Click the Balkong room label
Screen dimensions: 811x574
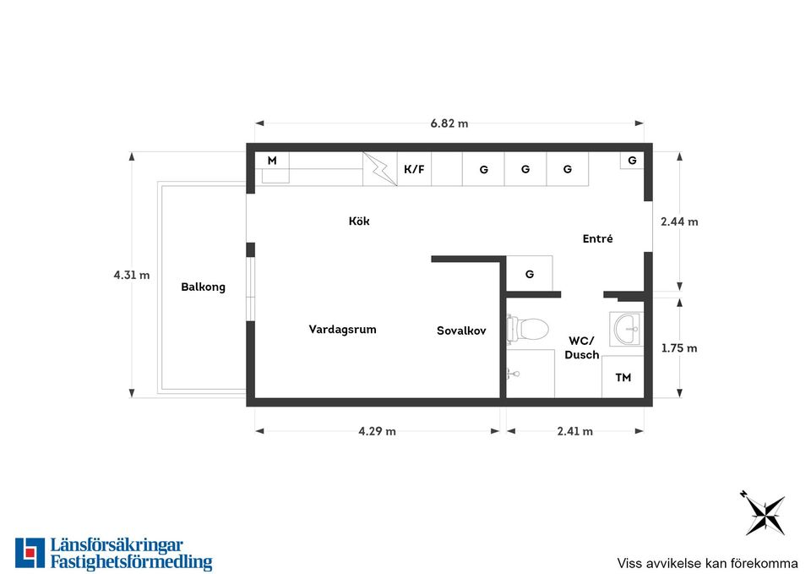(x=204, y=287)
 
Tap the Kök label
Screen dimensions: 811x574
(x=359, y=221)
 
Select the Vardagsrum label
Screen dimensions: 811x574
(x=342, y=330)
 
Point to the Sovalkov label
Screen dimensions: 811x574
(x=461, y=331)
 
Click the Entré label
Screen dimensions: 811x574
(x=598, y=238)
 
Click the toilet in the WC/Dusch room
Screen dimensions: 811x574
(x=527, y=328)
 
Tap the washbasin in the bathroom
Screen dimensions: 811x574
(x=626, y=329)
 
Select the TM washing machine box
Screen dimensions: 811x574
(x=623, y=377)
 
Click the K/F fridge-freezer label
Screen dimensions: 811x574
(x=414, y=169)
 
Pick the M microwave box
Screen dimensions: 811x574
(x=272, y=161)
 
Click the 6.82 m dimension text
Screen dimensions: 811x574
(x=449, y=123)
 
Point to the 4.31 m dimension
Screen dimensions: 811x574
(x=132, y=275)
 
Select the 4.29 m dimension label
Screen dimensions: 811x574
(x=377, y=431)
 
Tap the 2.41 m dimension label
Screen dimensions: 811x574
(x=575, y=431)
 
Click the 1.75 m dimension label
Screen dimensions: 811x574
(x=679, y=348)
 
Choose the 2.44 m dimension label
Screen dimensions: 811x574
(x=679, y=221)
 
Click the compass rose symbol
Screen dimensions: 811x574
(x=765, y=513)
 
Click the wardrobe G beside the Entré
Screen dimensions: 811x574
(x=529, y=273)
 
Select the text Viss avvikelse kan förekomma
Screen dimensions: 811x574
(x=707, y=563)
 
